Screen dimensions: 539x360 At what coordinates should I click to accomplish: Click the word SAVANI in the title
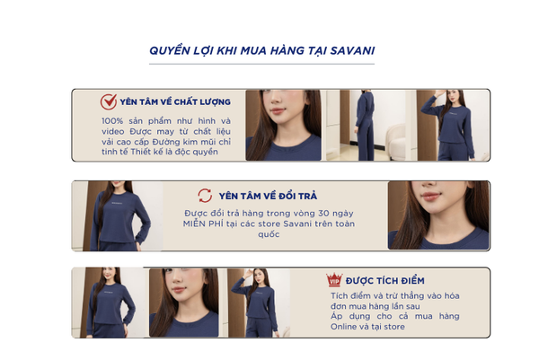point(352,51)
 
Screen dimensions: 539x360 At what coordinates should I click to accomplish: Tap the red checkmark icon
point(109,101)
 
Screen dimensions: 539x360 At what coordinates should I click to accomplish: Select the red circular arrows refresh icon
point(205,196)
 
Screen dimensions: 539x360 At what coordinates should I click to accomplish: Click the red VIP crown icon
point(334,279)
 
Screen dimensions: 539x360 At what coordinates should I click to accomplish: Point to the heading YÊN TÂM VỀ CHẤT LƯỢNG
point(175,102)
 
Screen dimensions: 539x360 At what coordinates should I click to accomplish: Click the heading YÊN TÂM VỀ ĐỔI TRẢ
point(268,196)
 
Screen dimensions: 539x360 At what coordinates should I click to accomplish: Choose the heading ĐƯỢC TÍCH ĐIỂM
point(385,281)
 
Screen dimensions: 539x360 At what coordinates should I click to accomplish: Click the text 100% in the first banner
point(112,121)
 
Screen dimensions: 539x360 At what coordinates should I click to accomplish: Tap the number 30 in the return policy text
point(323,214)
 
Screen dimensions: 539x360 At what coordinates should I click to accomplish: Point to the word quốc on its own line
point(269,234)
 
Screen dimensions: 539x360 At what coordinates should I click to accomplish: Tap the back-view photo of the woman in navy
point(366,126)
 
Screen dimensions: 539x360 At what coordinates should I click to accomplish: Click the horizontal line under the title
point(261,64)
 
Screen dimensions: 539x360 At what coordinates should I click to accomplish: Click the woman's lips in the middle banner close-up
point(431,197)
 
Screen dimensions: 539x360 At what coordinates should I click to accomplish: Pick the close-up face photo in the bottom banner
point(184,303)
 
